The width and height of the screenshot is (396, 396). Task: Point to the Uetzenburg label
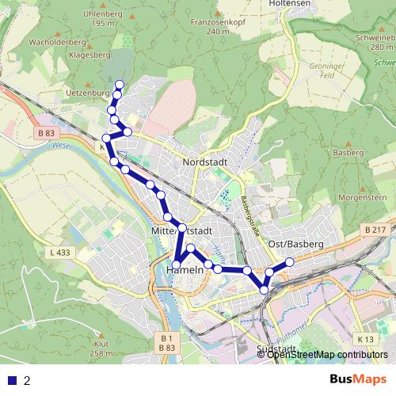[x=84, y=93]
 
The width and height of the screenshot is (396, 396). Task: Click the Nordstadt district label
[x=205, y=162]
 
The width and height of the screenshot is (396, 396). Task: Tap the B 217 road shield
[x=375, y=229]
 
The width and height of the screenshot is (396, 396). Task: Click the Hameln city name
[x=187, y=270]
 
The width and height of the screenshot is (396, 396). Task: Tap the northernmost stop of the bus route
[x=120, y=85]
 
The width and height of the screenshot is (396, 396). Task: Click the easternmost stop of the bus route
[x=290, y=261]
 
